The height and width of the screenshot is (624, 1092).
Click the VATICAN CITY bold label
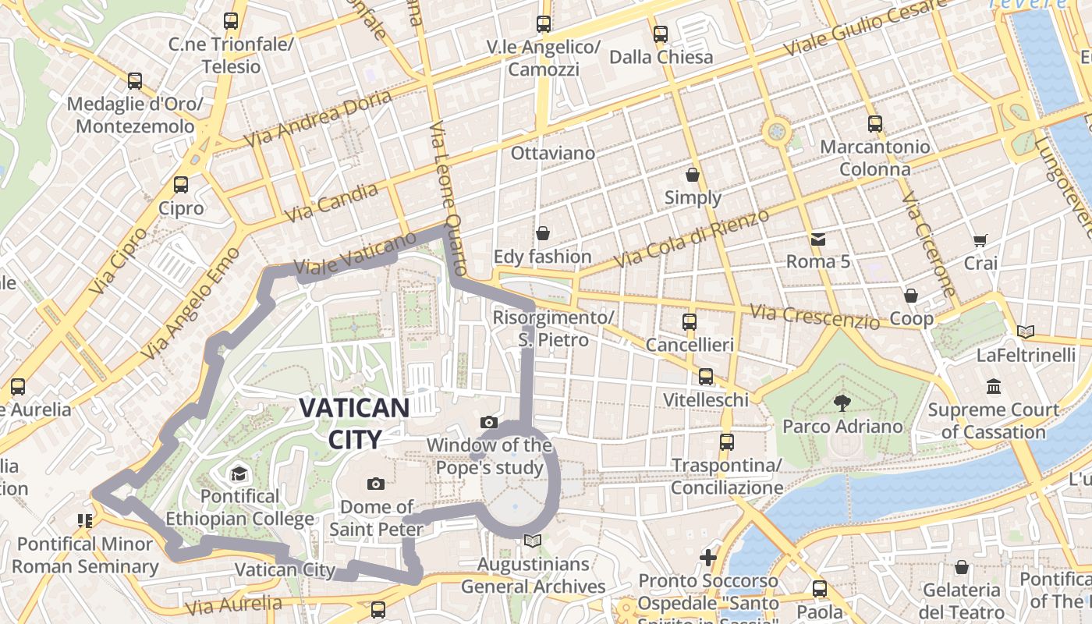(354, 423)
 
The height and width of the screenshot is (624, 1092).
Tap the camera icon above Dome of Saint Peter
(376, 484)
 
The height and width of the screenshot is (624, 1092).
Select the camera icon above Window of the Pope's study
(489, 423)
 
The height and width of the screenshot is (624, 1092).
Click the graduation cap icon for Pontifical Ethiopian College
(238, 473)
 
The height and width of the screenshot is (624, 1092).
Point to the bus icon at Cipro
(181, 185)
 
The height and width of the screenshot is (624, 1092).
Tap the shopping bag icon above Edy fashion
(543, 233)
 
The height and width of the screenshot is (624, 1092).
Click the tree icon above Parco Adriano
(842, 403)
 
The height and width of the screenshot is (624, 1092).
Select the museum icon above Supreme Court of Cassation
(994, 386)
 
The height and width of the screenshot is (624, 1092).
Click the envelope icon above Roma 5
(817, 239)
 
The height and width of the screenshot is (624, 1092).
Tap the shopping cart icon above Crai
(980, 240)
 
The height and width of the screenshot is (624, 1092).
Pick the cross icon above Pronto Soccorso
(708, 558)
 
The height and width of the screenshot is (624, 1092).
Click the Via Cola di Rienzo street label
(691, 238)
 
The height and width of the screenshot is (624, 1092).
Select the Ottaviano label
(552, 153)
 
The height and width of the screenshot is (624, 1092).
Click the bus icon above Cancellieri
(690, 321)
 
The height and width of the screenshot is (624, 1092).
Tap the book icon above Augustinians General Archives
(533, 541)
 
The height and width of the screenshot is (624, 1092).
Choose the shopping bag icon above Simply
(693, 175)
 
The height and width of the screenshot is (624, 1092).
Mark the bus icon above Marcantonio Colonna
(875, 123)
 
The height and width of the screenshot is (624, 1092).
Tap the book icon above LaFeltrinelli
(1026, 332)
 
